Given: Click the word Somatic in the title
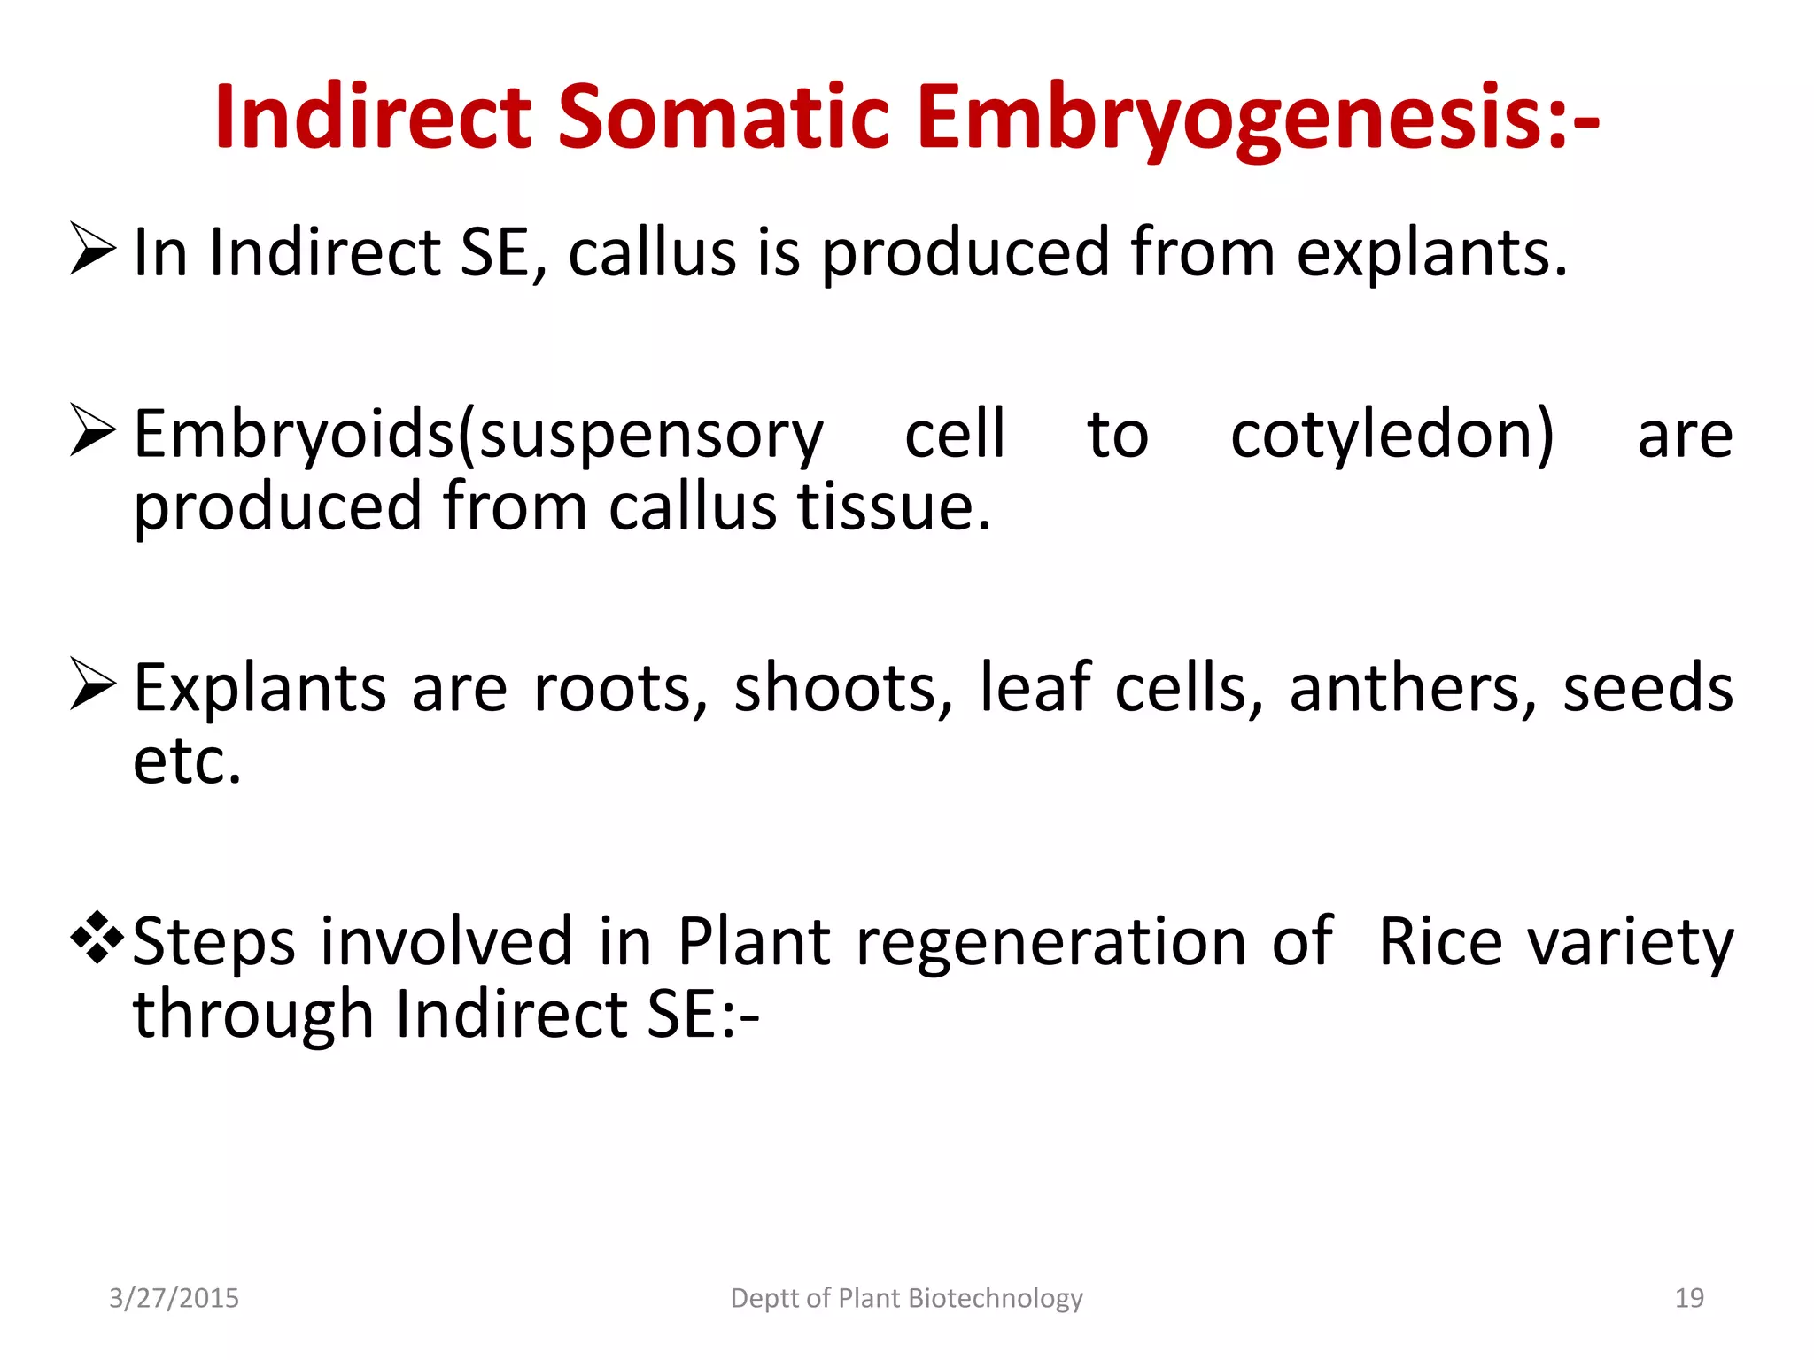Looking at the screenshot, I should tap(723, 118).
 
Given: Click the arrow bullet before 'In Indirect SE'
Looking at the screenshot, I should tap(93, 250).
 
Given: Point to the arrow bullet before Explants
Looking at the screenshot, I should tap(93, 685).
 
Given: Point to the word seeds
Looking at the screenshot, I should tap(1647, 689).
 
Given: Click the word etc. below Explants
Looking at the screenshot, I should tap(187, 762).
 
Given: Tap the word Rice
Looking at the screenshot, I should tap(1440, 942).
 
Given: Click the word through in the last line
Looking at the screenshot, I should tap(252, 1016).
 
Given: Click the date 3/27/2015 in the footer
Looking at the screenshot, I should tap(174, 1298).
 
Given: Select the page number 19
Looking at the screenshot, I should tap(1689, 1298).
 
